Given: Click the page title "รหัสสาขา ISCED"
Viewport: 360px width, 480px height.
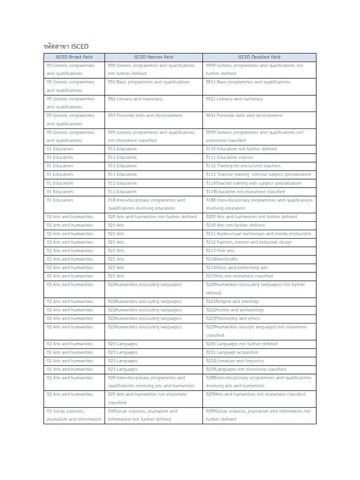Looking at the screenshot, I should (x=66, y=46).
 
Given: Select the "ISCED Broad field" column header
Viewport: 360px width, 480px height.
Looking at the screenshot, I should (x=74, y=57).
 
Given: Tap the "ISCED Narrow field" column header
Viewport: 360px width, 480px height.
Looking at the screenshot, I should (x=153, y=57).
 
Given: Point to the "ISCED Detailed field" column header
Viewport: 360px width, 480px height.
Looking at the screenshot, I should (x=259, y=57).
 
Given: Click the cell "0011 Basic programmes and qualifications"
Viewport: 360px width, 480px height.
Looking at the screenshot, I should (x=248, y=82).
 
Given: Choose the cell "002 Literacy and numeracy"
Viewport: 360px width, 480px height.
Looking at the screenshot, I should (x=135, y=99).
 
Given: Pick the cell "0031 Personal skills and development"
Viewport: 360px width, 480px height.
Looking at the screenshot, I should (x=244, y=115).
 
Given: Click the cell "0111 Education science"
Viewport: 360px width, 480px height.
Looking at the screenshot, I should (x=229, y=157).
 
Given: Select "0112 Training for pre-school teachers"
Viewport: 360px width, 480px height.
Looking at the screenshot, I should (x=243, y=166).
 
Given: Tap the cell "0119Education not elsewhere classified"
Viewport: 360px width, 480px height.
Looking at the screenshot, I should (x=245, y=192).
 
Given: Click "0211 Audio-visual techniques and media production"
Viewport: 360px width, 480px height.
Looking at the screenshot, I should (x=258, y=233).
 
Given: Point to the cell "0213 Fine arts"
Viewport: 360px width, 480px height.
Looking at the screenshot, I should (x=220, y=251).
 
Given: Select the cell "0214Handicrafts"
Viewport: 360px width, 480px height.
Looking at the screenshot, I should (x=222, y=259).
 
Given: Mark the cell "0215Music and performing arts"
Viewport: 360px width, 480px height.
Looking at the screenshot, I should (x=237, y=268).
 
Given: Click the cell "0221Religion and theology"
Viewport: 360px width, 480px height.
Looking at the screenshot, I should (x=232, y=301).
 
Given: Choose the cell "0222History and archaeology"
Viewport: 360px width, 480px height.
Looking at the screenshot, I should (x=235, y=310).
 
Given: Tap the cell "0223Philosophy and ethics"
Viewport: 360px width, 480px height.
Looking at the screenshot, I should (x=233, y=318).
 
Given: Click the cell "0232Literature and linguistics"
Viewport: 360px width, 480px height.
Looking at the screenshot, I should (x=235, y=361).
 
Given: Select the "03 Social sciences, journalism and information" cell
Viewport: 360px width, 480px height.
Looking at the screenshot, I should (x=74, y=415).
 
